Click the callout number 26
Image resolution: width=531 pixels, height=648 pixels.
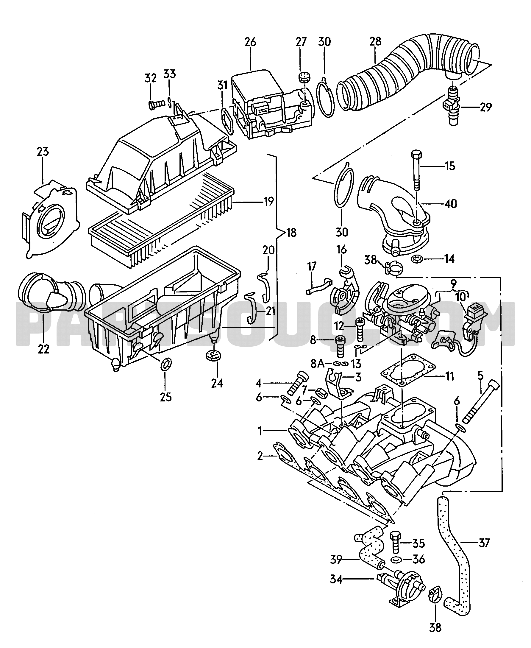click(250, 42)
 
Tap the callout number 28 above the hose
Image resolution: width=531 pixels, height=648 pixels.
click(375, 41)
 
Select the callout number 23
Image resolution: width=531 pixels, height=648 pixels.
click(43, 152)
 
